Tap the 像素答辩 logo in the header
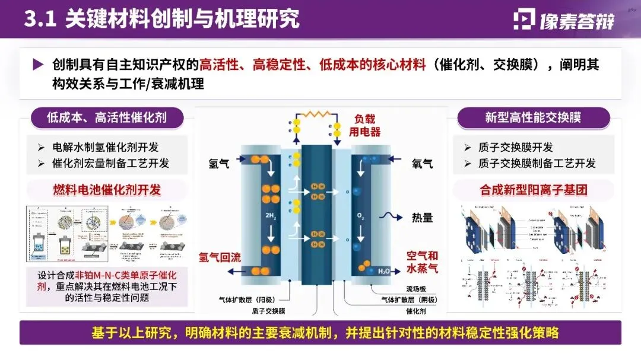pyautogui.click(x=563, y=20)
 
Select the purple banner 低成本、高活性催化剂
pyautogui.click(x=106, y=117)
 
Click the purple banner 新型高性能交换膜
pyautogui.click(x=533, y=117)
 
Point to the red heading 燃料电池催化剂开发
pyautogui.click(x=106, y=190)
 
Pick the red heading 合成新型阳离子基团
pyautogui.click(x=534, y=190)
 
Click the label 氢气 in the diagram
pyautogui.click(x=219, y=163)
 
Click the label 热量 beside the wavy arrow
pyautogui.click(x=422, y=218)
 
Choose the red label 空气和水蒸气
pyautogui.click(x=422, y=263)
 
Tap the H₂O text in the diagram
pyautogui.click(x=384, y=272)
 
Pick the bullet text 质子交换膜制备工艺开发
pyautogui.click(x=537, y=163)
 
